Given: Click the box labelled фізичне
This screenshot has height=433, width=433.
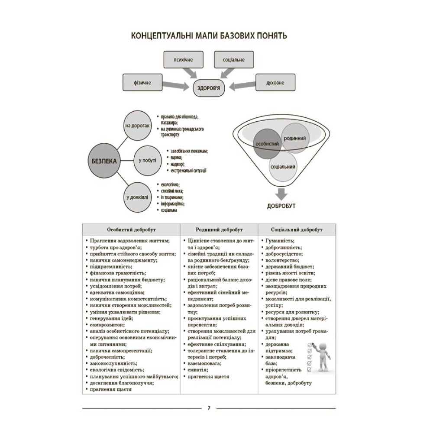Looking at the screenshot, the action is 142,82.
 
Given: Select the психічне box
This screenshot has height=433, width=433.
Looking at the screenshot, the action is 183,59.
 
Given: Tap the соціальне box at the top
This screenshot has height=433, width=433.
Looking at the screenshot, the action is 234,59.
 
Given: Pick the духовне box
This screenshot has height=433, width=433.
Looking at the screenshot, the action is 275,82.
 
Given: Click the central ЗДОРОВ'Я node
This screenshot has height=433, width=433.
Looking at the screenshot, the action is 209,88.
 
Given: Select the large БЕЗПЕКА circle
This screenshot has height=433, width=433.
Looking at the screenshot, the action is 104,161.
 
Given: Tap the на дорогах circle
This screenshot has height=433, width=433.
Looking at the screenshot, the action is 137,126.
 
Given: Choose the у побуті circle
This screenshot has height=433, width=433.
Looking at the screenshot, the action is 148,161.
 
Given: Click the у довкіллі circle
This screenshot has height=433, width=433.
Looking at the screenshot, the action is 137,197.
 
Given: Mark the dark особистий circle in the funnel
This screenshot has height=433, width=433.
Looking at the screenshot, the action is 267,144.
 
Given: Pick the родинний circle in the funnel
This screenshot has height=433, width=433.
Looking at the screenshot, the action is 295,138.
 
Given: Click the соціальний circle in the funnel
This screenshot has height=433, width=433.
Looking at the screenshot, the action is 283,167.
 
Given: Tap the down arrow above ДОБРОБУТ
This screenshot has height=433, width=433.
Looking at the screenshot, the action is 281,194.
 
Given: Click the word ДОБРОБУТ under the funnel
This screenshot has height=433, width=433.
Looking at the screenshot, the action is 281,206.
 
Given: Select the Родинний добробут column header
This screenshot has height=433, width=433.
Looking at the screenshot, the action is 219,229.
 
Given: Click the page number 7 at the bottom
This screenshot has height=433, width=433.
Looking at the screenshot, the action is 209,408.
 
